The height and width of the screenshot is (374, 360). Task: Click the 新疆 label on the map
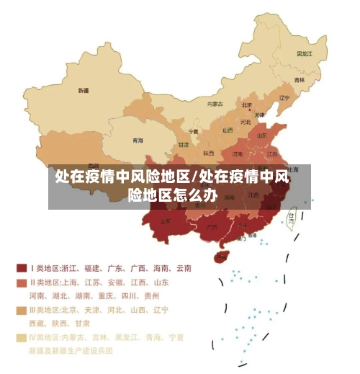tap(84, 91)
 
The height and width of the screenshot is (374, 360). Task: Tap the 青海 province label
tap(137, 140)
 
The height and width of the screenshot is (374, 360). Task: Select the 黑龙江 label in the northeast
tap(305, 53)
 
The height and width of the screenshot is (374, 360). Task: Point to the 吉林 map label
tap(299, 79)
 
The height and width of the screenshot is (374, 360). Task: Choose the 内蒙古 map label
tap(215, 104)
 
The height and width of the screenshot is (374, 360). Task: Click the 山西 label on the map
tap(228, 130)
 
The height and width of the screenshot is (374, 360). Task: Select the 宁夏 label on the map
tap(193, 132)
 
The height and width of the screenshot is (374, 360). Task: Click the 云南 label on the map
tap(166, 221)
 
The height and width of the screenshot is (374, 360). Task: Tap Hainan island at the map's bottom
tap(222, 256)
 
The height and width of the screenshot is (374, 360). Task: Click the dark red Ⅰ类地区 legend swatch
tap(22, 267)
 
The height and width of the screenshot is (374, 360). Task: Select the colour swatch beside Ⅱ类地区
tap(22, 282)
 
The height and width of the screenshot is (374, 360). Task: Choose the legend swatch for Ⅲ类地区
tap(22, 310)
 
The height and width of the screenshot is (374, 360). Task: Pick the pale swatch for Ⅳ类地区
tap(22, 337)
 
